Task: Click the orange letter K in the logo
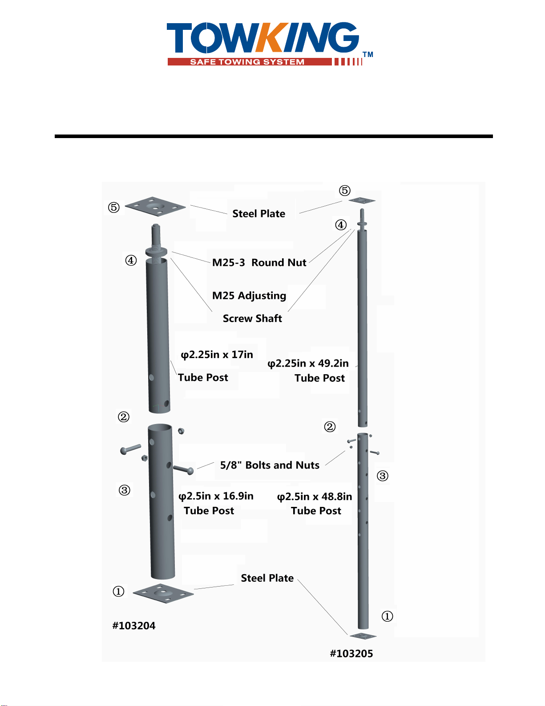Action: tap(272, 37)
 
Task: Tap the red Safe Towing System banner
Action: tap(250, 62)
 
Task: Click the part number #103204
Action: tap(133, 625)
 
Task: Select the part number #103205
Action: tap(351, 653)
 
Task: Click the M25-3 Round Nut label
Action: tap(259, 262)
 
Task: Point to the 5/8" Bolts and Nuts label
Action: tap(270, 465)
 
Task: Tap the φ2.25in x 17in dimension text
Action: tap(217, 355)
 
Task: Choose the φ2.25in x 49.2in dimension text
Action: tap(308, 363)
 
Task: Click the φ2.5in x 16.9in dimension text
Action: tap(216, 496)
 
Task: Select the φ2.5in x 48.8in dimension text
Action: tap(315, 497)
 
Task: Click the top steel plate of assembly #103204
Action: tap(155, 206)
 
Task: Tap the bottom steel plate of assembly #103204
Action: tap(163, 593)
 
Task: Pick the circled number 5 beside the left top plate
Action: tap(113, 207)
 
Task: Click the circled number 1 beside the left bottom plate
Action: tap(118, 591)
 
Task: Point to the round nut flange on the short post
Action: tap(156, 252)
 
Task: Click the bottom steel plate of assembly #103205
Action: tap(363, 636)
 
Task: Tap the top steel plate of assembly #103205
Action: tap(362, 200)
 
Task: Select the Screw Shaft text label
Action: tap(252, 318)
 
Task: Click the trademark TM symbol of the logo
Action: tap(368, 55)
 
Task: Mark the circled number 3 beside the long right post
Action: tap(383, 476)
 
